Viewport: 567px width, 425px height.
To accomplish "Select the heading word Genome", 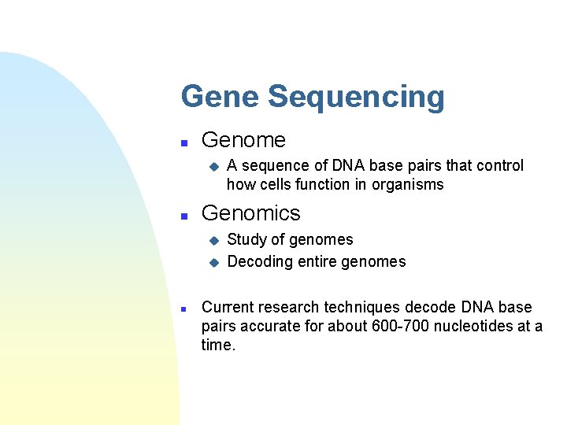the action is [243, 140].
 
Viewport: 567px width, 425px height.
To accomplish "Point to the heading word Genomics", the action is [251, 213].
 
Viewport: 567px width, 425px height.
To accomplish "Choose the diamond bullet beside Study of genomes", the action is [211, 241].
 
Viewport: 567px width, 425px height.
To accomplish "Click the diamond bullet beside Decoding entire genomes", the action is [211, 263].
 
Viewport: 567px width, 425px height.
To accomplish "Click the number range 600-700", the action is [401, 326].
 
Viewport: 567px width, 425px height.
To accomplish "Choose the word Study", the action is [246, 240].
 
